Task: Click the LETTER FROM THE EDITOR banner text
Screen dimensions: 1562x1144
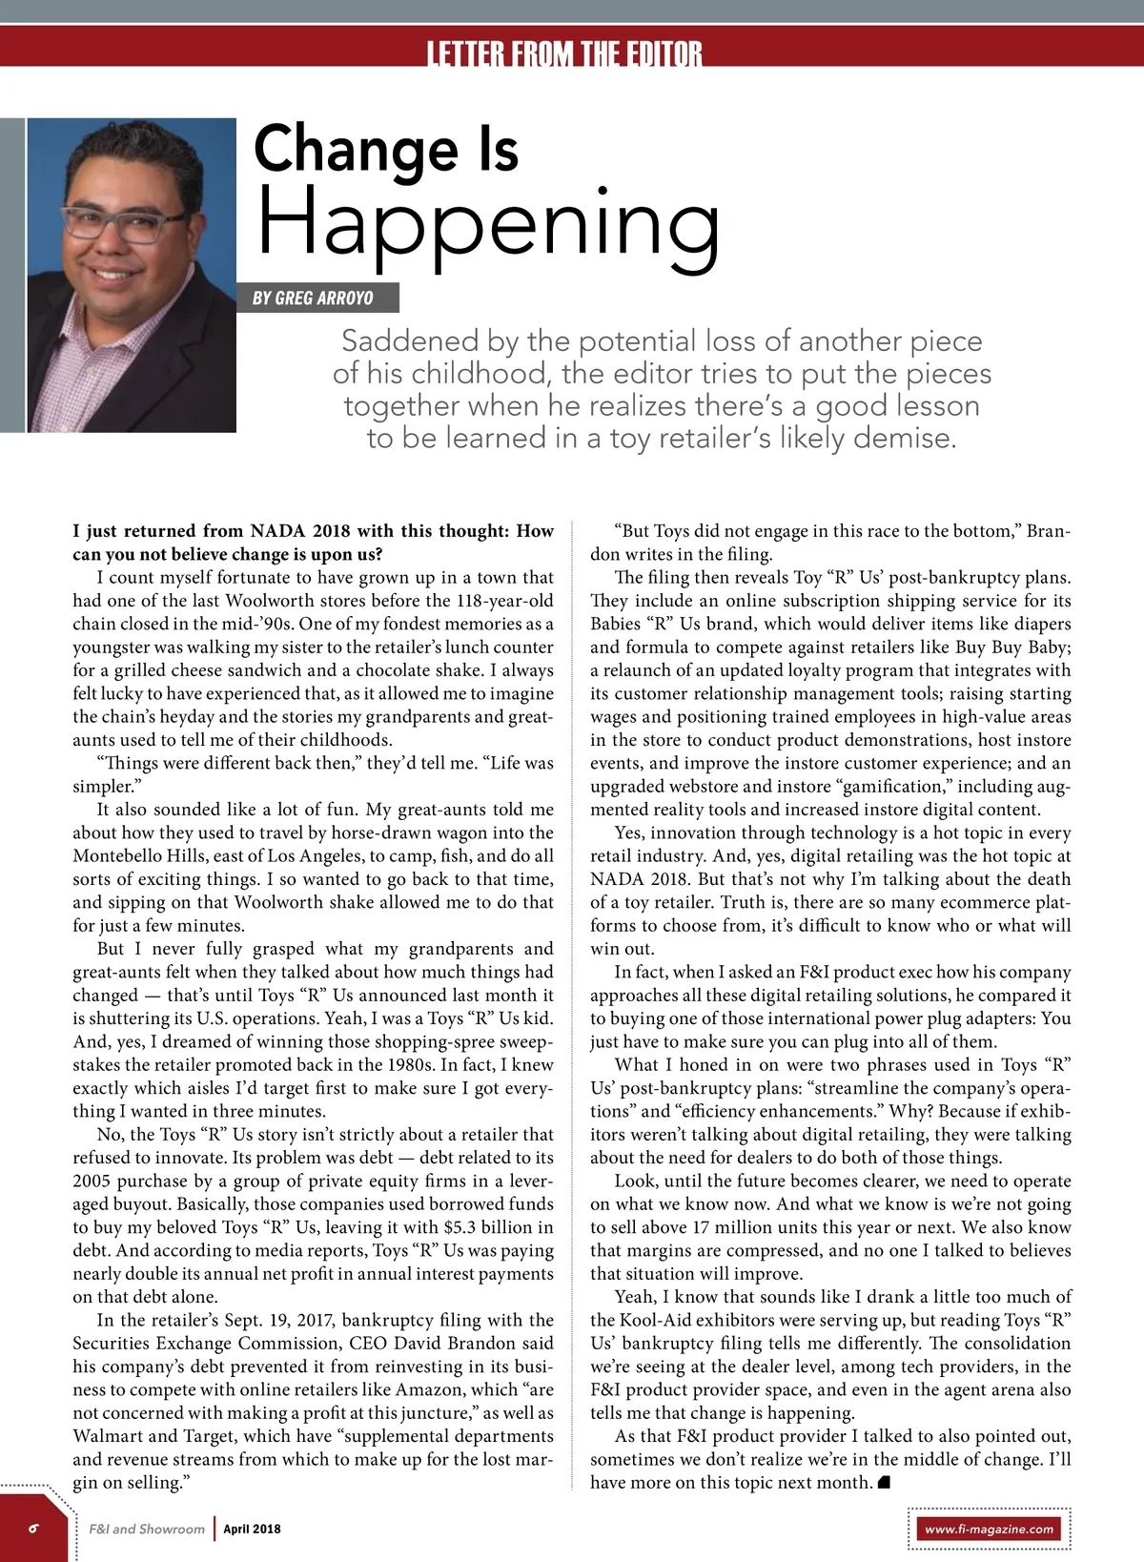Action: (x=564, y=53)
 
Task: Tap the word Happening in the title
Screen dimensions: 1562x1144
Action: (x=488, y=222)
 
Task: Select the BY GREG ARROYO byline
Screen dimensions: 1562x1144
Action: (x=313, y=298)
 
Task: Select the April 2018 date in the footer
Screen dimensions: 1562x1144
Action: (x=252, y=1529)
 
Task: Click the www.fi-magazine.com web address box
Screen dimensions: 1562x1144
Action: (x=990, y=1529)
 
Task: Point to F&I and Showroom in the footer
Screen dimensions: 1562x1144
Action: (x=147, y=1529)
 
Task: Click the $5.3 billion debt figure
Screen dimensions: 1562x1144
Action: (x=488, y=1227)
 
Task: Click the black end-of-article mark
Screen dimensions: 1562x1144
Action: (x=884, y=1482)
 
